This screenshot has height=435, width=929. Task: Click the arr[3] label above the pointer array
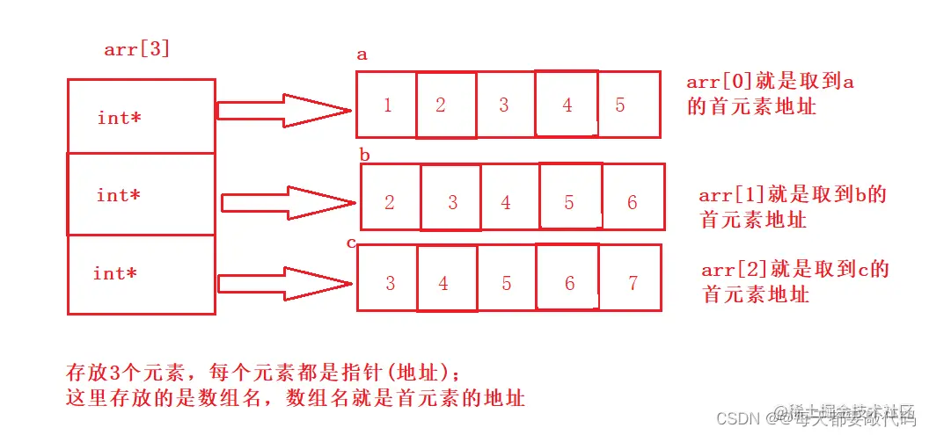(x=136, y=49)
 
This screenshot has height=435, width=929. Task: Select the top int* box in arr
(x=141, y=116)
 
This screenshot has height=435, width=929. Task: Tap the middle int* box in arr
(x=141, y=194)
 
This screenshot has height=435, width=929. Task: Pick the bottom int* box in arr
(x=141, y=274)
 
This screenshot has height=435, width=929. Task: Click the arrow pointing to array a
(x=283, y=110)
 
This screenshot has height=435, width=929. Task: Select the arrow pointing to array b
(x=287, y=203)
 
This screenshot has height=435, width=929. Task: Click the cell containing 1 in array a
(x=387, y=105)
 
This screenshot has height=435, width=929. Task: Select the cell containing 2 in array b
(x=391, y=202)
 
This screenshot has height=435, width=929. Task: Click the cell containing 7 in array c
(x=632, y=283)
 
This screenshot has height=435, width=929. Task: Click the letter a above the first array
(x=362, y=54)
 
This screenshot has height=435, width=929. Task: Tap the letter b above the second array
(x=364, y=156)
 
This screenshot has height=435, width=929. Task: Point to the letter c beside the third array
(x=351, y=243)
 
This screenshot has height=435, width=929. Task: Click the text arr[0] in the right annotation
(x=716, y=83)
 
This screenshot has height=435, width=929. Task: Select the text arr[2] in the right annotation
(x=732, y=269)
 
